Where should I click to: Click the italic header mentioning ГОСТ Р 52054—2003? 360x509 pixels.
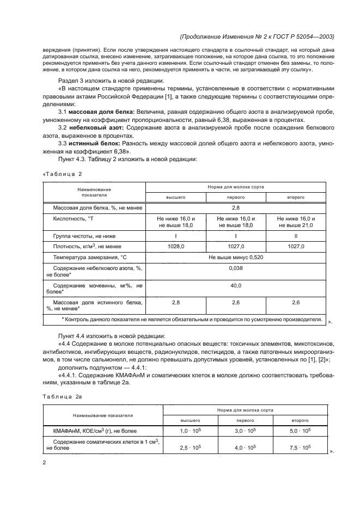click(256, 37)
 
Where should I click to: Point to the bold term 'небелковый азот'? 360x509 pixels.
click(97, 127)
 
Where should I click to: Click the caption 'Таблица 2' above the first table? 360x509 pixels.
click(63, 174)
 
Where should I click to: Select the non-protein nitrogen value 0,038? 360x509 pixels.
click(236, 268)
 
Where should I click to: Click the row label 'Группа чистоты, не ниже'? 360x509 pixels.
click(84, 236)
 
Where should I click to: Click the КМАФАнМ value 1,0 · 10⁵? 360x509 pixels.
click(191, 431)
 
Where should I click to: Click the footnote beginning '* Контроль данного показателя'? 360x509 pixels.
click(192, 320)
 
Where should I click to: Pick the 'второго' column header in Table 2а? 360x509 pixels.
click(299, 421)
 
